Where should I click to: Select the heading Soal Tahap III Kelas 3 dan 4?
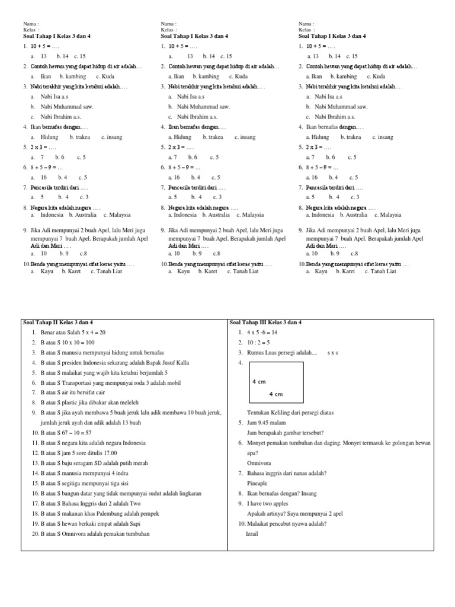[x=266, y=322]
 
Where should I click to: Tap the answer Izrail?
[x=252, y=533]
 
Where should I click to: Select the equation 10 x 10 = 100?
[x=78, y=343]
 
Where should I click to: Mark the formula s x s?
[x=332, y=353]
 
